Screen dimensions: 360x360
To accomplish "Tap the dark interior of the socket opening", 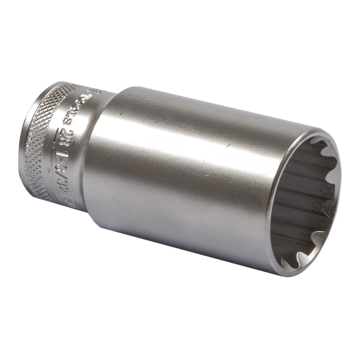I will [x=302, y=202].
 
